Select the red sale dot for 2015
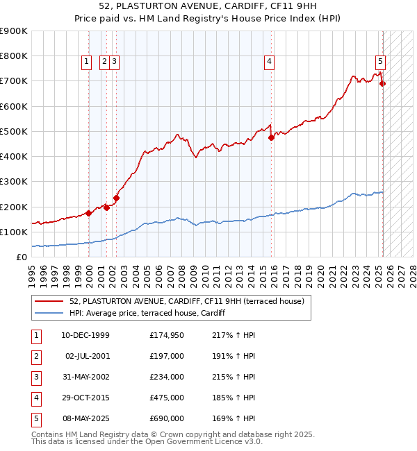click(271, 137)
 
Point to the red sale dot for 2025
click(382, 83)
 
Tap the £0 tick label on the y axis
click(21, 257)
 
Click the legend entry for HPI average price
click(147, 314)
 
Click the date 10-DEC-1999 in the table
click(85, 336)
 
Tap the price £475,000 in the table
click(166, 398)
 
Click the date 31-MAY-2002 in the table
click(85, 377)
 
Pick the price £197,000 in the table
click(166, 357)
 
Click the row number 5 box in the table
click(36, 419)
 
